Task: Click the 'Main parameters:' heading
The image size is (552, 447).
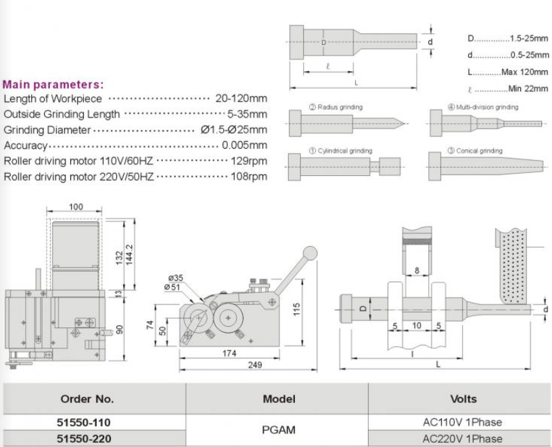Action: pos(53,85)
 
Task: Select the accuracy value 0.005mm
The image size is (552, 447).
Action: pos(244,145)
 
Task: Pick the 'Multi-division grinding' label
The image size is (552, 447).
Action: pos(486,107)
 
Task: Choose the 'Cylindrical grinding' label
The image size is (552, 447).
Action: pos(344,151)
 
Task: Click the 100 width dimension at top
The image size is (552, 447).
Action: pos(75,206)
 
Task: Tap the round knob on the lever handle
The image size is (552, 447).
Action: pos(309,253)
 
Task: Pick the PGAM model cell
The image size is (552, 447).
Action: pos(279,429)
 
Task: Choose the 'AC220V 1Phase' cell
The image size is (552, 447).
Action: pos(463,438)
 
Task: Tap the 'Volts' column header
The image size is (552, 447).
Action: pos(463,398)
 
